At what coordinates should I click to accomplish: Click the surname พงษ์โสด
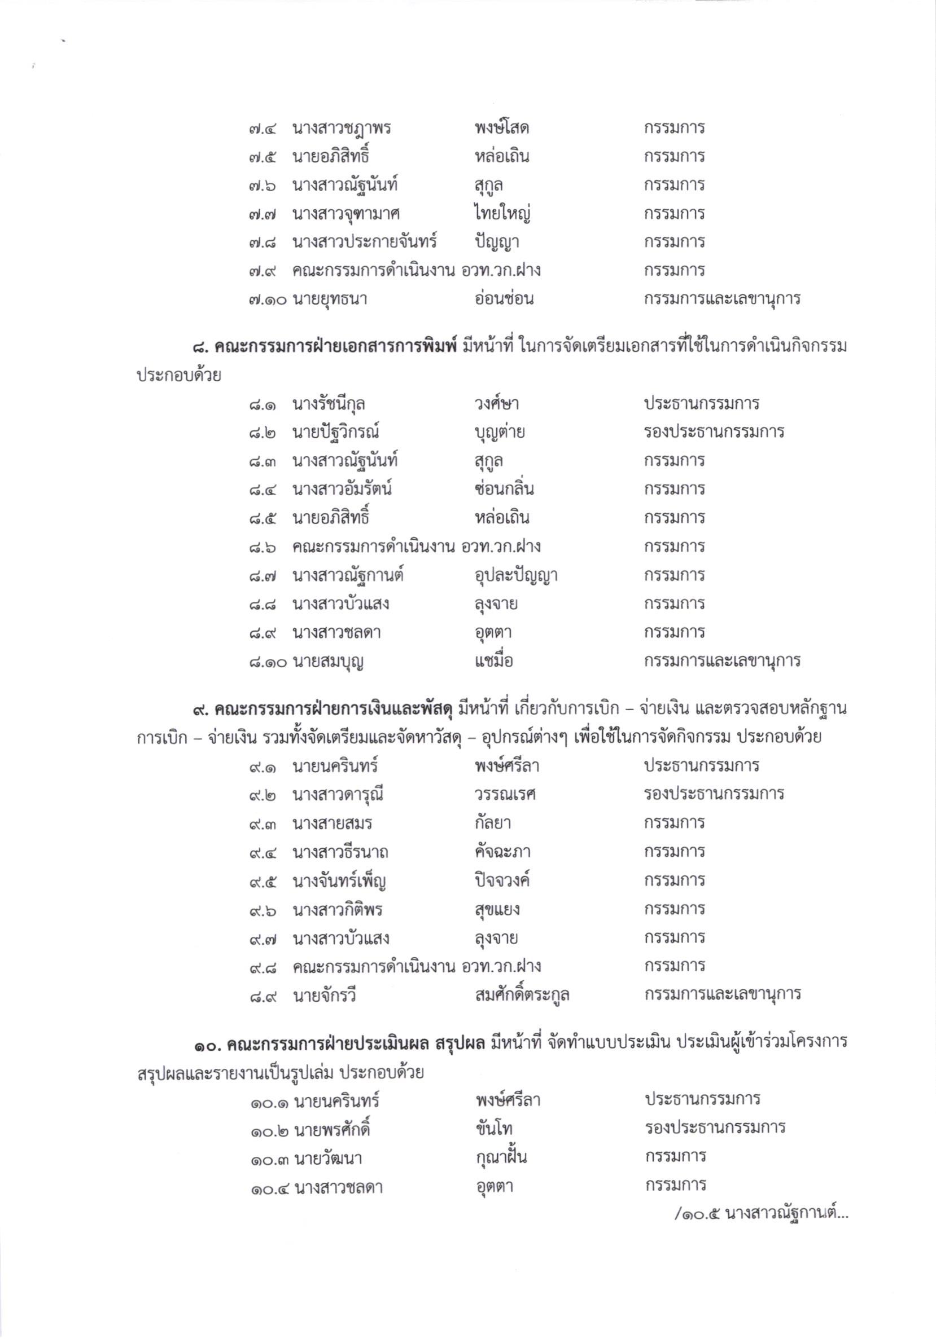point(501,127)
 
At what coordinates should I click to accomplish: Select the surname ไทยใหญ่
point(502,213)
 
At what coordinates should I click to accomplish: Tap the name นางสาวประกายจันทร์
point(365,242)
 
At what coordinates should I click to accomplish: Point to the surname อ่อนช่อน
point(504,299)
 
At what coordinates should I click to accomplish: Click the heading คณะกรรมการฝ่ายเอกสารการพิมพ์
point(336,348)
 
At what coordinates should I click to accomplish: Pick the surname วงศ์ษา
point(497,404)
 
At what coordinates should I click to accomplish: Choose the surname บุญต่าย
point(500,432)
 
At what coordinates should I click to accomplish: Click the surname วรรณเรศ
point(505,794)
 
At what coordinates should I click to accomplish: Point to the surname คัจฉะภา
point(505,852)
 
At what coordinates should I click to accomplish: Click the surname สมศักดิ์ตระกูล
point(522,995)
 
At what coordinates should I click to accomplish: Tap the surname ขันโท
point(495,1129)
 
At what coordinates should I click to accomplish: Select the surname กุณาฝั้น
point(501,1157)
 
